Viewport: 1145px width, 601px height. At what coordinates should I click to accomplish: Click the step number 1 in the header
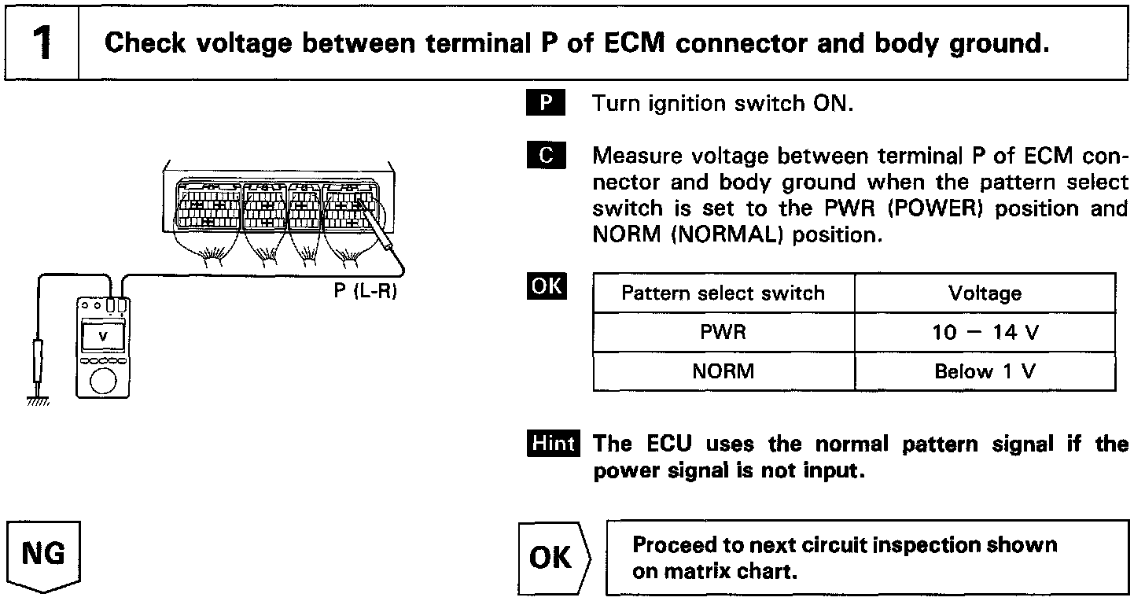point(42,43)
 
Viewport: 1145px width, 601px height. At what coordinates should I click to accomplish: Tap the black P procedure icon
point(546,102)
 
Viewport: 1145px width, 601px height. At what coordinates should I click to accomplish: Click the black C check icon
point(546,155)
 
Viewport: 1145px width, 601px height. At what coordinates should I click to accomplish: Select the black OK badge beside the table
point(547,286)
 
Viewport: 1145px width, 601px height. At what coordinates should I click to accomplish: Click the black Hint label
point(553,443)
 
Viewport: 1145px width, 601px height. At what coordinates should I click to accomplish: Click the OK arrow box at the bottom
point(554,558)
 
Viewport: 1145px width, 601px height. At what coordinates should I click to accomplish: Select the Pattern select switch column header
point(723,293)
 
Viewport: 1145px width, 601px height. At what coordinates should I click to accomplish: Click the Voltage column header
point(985,293)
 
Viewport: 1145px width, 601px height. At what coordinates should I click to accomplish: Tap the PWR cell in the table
point(723,333)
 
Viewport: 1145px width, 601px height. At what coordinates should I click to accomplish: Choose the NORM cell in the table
point(723,371)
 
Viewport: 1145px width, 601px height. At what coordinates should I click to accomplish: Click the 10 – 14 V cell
point(985,333)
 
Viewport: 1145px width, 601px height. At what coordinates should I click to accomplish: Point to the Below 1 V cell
point(985,371)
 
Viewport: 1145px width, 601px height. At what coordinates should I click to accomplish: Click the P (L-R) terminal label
point(366,290)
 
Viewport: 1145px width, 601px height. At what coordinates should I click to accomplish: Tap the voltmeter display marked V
point(103,336)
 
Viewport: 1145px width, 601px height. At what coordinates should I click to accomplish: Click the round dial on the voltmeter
point(103,381)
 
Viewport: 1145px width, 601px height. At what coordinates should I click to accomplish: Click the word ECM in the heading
point(634,43)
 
